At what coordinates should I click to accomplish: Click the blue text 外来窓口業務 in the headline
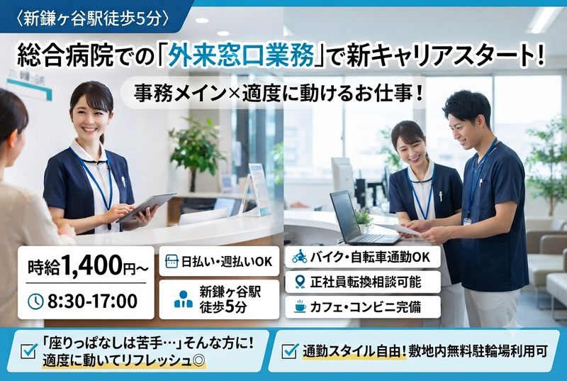240,55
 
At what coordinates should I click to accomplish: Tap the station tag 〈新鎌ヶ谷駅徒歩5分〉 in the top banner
93,18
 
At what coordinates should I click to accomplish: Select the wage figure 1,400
92,265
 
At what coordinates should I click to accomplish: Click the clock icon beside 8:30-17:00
35,302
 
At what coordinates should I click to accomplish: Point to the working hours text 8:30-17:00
93,301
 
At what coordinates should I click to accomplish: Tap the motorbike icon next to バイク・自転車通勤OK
300,257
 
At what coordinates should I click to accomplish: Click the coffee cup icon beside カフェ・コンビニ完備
300,307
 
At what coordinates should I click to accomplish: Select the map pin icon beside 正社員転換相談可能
300,282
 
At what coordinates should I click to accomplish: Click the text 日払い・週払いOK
227,261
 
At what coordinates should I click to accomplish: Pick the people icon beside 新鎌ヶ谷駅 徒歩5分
184,299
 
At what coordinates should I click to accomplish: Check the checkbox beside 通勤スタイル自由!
290,351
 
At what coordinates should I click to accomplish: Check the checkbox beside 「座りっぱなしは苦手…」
29,351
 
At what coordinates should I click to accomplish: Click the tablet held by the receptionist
146,207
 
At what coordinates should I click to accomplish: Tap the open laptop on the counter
361,219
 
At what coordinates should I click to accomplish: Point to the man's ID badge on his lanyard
467,221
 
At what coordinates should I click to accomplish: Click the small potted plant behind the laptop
364,220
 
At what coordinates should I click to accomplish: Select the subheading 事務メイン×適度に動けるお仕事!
279,94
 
